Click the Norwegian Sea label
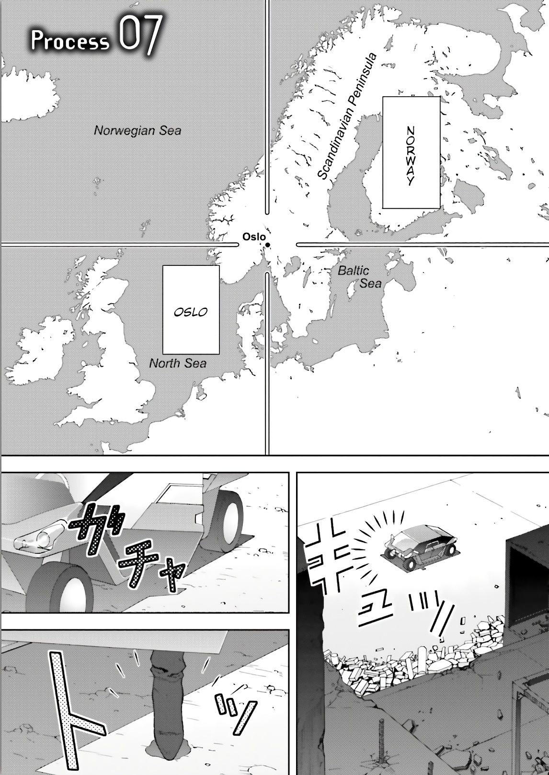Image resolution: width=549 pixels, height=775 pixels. pos(137,130)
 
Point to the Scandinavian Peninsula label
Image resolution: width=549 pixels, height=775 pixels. pos(346,116)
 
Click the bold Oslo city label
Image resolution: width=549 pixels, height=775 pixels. pos(254,237)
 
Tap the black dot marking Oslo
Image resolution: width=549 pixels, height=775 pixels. pos(267,245)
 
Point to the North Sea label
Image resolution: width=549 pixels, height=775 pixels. pos(178,363)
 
